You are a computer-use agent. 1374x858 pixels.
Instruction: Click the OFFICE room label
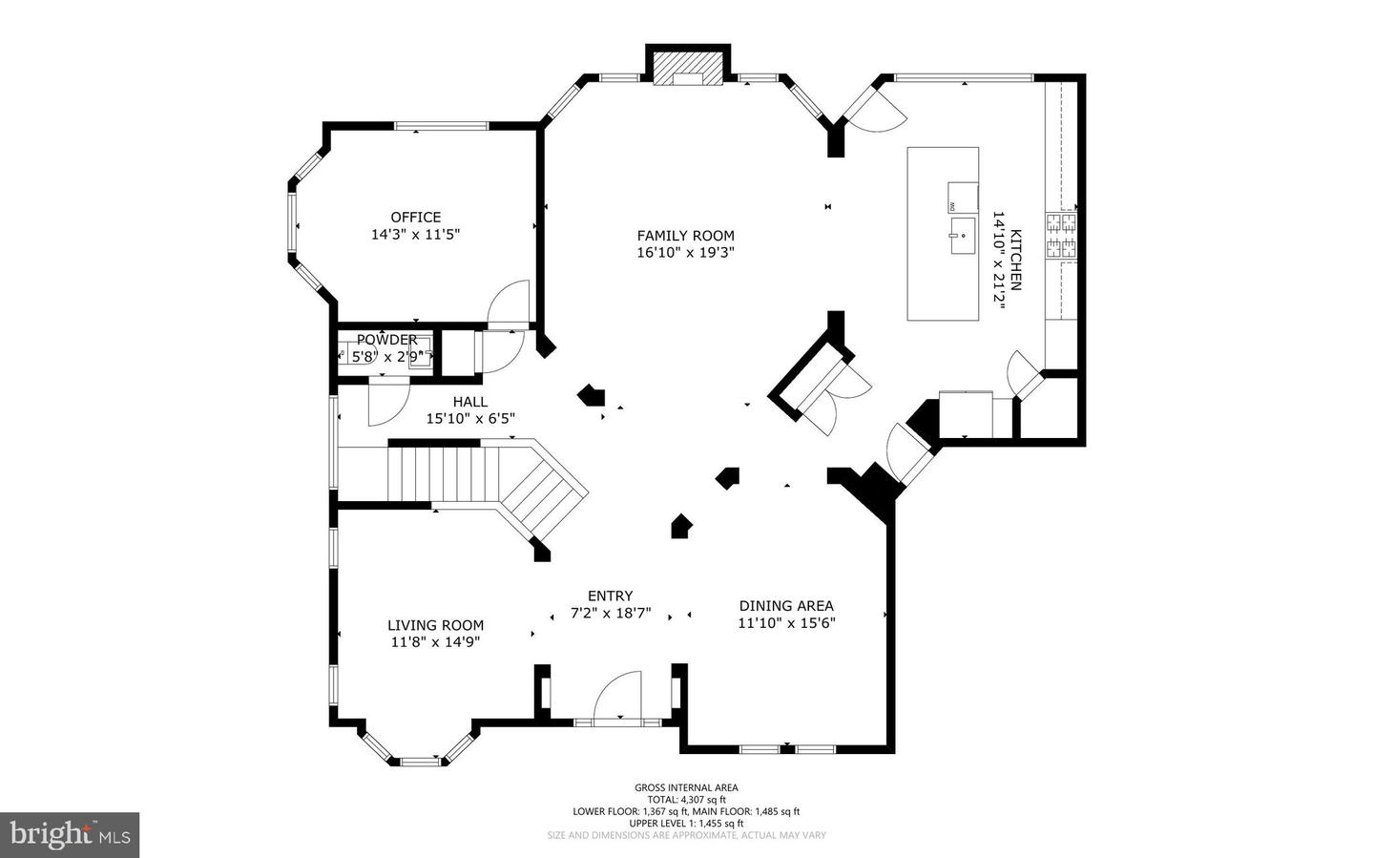point(415,217)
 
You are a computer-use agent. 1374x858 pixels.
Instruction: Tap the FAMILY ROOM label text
point(685,236)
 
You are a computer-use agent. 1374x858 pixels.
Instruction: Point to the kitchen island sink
point(962,233)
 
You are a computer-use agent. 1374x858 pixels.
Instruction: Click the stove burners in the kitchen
point(1061,237)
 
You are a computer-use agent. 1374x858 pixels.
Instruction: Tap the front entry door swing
point(618,697)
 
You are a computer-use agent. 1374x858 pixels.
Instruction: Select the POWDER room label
point(386,340)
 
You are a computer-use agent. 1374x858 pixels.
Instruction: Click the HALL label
point(469,402)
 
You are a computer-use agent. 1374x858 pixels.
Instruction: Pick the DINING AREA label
point(786,605)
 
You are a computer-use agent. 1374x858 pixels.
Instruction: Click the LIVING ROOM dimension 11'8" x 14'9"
point(435,642)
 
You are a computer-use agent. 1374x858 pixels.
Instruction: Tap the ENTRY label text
point(610,596)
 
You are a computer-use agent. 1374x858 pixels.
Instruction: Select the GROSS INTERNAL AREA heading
point(686,787)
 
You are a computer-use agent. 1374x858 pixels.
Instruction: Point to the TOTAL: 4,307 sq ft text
point(686,800)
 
